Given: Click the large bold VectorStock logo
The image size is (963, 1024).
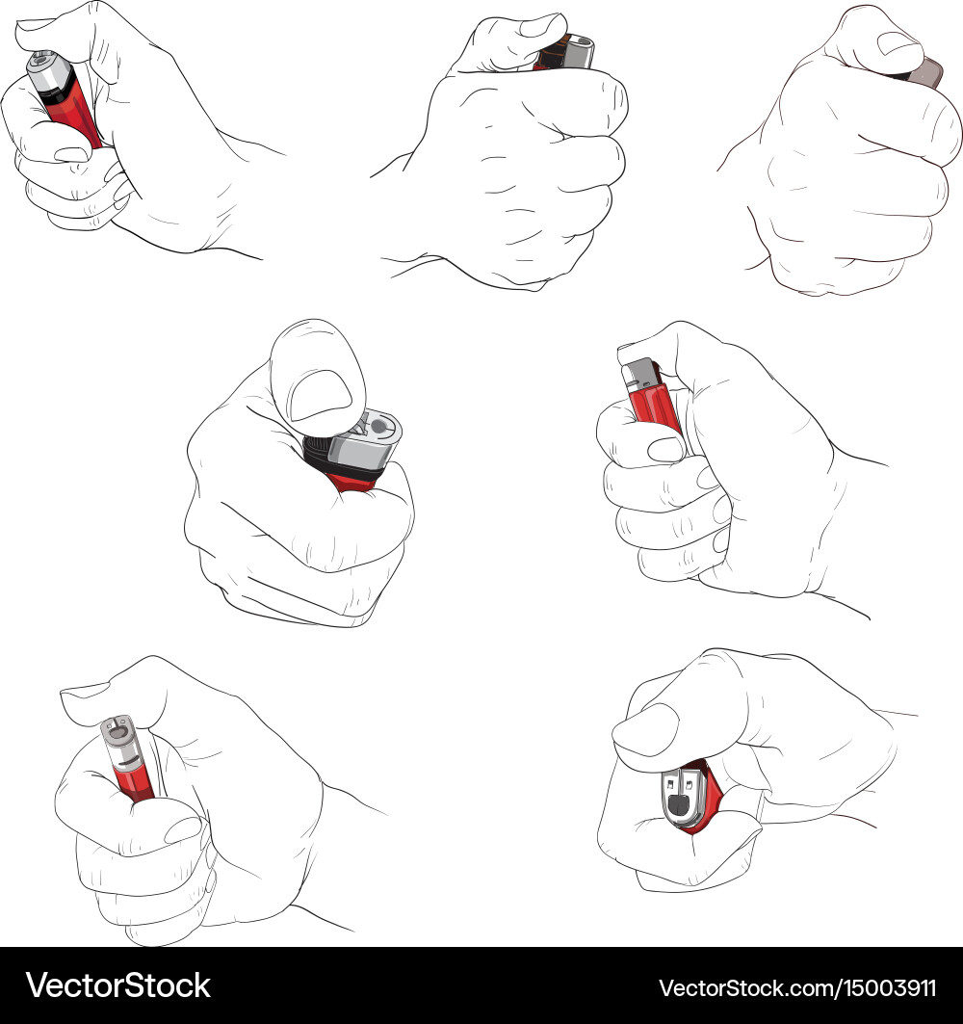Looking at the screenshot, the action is tap(118, 985).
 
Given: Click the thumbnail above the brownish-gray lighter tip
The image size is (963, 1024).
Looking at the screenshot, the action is tap(898, 44).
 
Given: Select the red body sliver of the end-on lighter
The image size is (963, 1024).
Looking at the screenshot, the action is tap(709, 797).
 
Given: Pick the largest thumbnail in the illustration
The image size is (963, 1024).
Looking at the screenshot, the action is tap(320, 395).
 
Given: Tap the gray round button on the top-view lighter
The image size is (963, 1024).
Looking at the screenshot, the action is tap(378, 427).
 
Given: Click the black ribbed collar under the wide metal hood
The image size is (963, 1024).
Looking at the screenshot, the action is tap(317, 453).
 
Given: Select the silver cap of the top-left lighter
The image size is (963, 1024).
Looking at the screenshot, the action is tap(47, 70).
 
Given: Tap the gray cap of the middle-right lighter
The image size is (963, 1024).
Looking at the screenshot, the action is tap(640, 375).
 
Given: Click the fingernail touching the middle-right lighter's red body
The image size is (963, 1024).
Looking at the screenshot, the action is tap(665, 449).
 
